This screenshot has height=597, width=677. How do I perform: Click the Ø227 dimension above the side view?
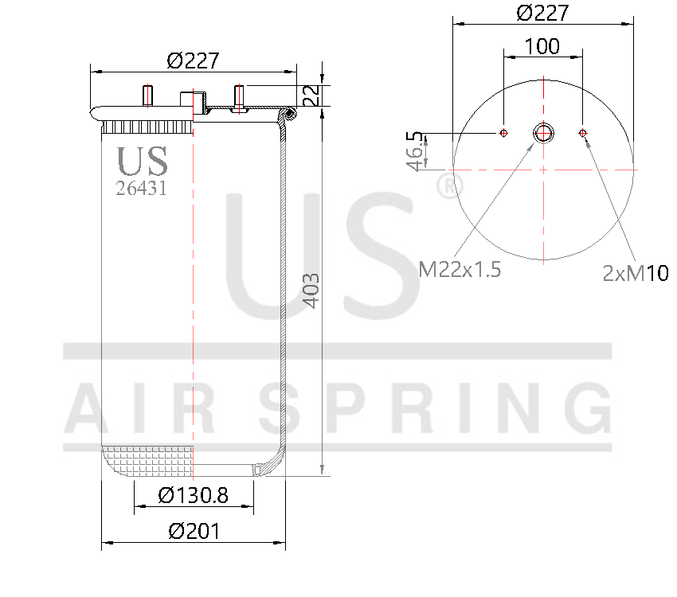[x=193, y=60]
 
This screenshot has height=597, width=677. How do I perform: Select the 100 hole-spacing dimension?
[x=542, y=46]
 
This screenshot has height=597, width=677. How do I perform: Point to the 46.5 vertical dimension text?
[x=414, y=151]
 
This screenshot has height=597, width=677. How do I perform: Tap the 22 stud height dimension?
[x=311, y=96]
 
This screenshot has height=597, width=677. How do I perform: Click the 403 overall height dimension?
[x=311, y=291]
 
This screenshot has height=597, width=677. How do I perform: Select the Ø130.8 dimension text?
[x=194, y=495]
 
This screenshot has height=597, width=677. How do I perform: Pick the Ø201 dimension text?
[x=194, y=531]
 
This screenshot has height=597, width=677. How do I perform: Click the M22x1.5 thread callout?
[x=460, y=270]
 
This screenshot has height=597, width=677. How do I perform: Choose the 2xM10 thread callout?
[x=636, y=273]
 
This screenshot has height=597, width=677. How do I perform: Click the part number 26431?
[x=142, y=188]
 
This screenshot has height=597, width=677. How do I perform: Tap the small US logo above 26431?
[x=143, y=161]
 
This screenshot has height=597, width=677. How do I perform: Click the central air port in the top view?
[x=544, y=133]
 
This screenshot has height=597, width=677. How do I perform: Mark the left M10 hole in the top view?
[x=503, y=133]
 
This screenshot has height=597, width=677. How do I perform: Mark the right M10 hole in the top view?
[x=584, y=133]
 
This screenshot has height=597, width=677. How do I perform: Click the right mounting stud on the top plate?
[x=238, y=96]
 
